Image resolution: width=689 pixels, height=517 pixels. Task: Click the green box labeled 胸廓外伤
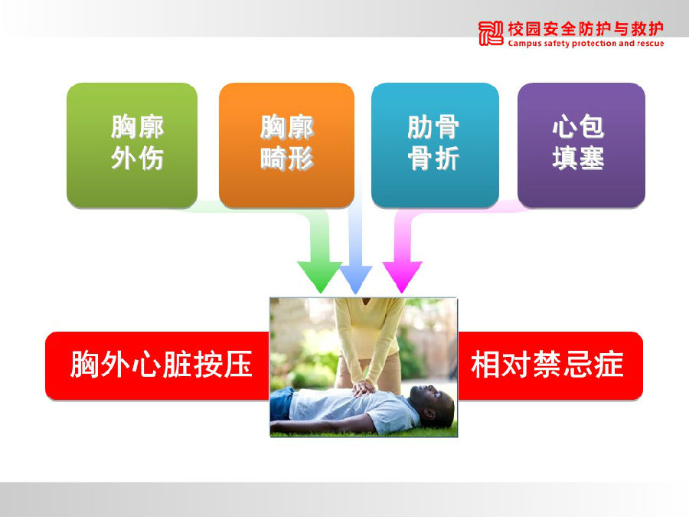(132, 145)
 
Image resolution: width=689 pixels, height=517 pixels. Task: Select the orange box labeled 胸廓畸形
(286, 145)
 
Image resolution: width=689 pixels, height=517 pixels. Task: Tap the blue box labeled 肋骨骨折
(435, 145)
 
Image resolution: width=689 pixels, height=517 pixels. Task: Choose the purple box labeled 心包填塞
(581, 145)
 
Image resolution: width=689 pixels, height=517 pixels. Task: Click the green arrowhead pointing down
(320, 276)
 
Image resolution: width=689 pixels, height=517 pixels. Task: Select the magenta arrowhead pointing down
(402, 276)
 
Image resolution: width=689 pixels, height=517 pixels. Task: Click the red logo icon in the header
(491, 33)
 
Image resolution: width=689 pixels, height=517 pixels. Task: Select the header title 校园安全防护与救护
(586, 29)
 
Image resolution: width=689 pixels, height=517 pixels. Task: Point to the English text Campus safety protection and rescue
(586, 43)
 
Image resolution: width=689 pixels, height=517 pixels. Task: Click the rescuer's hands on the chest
(364, 388)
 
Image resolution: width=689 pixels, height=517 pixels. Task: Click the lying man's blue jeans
(281, 404)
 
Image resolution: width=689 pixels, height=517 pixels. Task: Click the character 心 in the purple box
(565, 126)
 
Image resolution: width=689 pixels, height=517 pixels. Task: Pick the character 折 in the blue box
(447, 159)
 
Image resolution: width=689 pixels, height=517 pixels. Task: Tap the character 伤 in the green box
(150, 159)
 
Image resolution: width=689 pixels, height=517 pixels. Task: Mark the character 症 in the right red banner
(609, 365)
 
